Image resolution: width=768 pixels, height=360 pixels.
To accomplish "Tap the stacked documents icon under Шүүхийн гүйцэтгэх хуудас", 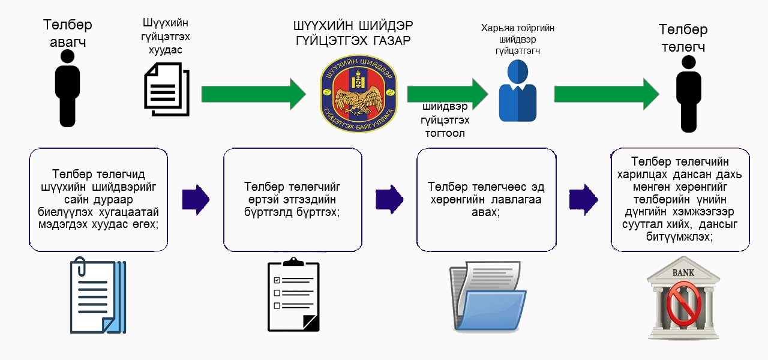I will [x=167, y=89].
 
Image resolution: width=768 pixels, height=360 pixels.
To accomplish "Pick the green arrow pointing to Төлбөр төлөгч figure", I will [x=606, y=94].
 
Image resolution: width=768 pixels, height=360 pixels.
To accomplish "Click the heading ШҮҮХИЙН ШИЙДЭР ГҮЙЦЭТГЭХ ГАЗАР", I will [x=353, y=34].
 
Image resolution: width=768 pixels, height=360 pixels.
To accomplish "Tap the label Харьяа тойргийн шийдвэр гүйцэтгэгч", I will [x=517, y=40].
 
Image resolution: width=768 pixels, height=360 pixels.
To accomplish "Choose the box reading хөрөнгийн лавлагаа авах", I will [x=486, y=200].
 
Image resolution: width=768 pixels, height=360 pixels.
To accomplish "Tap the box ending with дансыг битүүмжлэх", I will [x=680, y=200].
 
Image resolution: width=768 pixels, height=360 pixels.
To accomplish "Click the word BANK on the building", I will [x=683, y=273].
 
